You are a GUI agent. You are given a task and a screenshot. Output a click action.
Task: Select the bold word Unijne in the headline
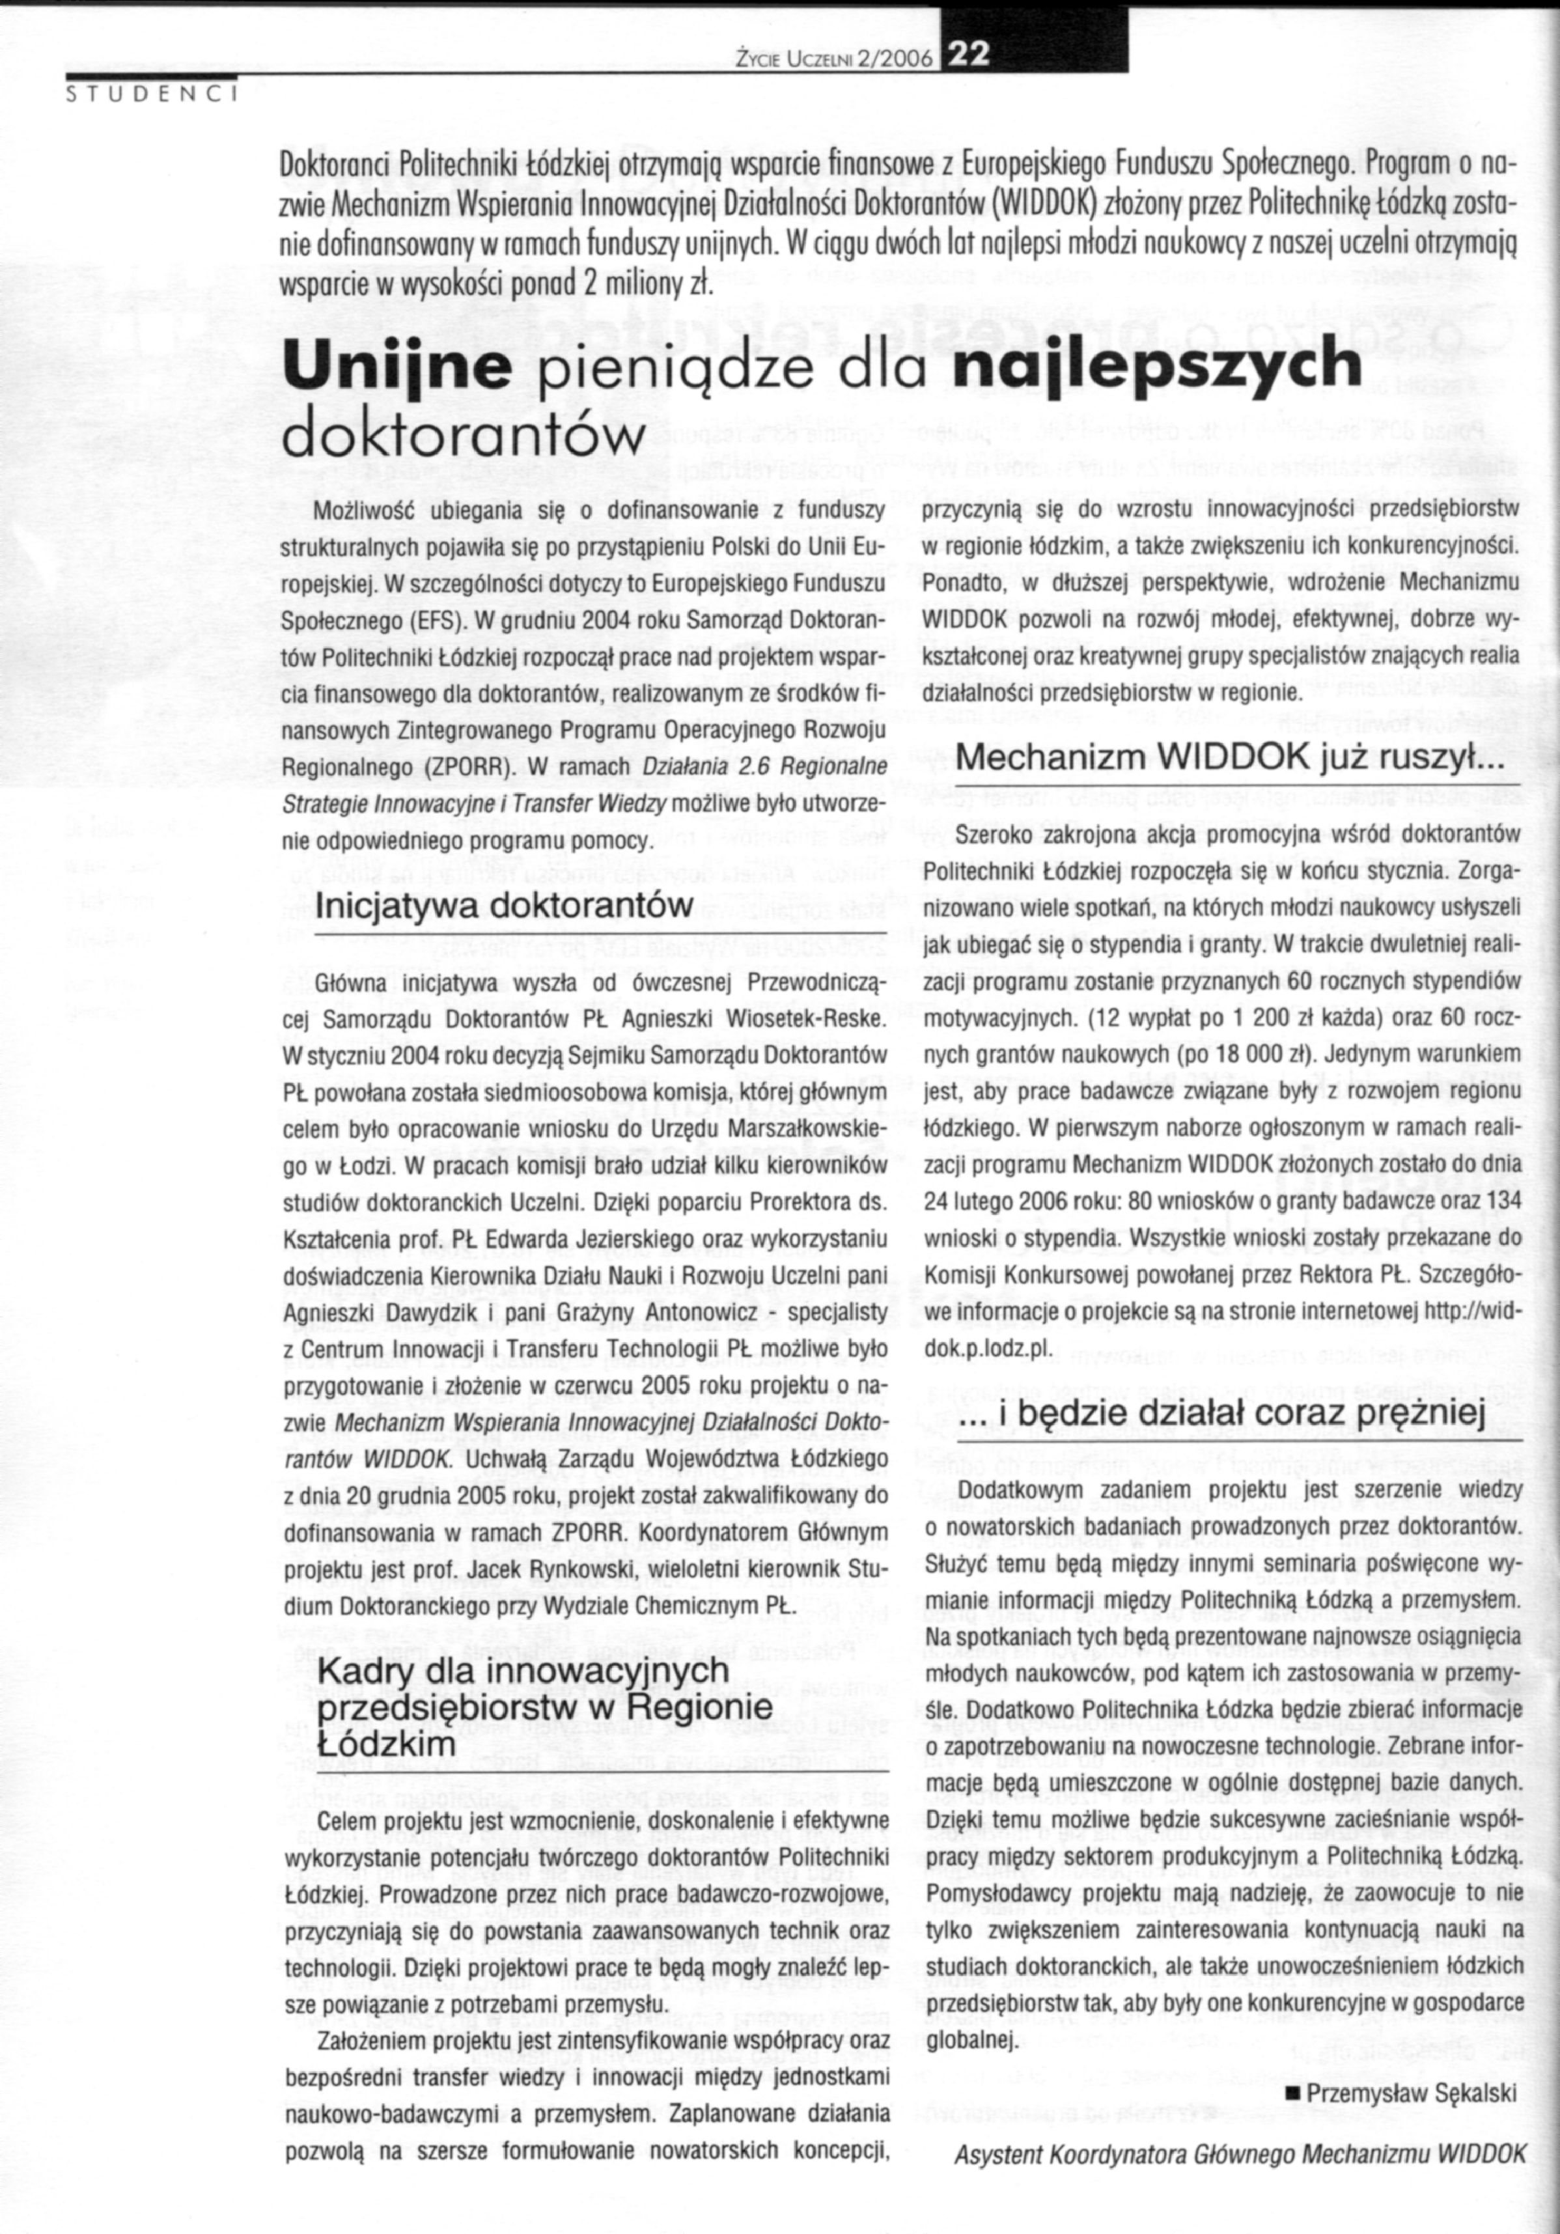click(397, 366)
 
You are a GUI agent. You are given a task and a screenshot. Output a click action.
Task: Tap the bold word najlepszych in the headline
click(1158, 366)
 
